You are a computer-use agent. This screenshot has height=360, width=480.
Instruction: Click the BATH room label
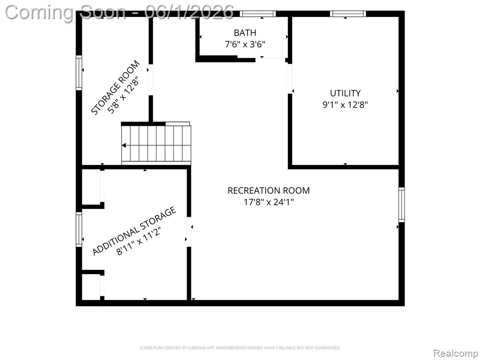(245, 32)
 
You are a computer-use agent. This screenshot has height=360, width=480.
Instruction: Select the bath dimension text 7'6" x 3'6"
(245, 45)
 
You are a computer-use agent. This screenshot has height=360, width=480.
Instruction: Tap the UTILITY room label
(345, 93)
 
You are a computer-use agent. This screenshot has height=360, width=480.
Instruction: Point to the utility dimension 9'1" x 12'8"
(345, 105)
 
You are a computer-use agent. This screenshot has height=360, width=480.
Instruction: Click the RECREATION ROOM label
(269, 190)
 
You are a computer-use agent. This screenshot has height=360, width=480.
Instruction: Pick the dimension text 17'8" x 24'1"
(269, 202)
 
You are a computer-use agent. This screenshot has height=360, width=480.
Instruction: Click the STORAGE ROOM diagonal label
(115, 88)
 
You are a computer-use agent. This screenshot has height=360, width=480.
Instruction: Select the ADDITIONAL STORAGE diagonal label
(134, 231)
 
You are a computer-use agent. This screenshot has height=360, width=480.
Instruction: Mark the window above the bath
(257, 14)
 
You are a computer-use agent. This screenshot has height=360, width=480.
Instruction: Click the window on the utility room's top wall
(348, 14)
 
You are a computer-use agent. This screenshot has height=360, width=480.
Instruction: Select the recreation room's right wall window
(401, 205)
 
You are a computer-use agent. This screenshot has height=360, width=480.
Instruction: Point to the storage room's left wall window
(79, 73)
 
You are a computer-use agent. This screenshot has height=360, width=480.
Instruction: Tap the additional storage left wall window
(79, 229)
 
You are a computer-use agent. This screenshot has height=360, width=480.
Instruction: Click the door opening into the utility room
(290, 78)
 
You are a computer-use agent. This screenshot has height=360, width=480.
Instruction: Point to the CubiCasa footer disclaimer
(240, 348)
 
